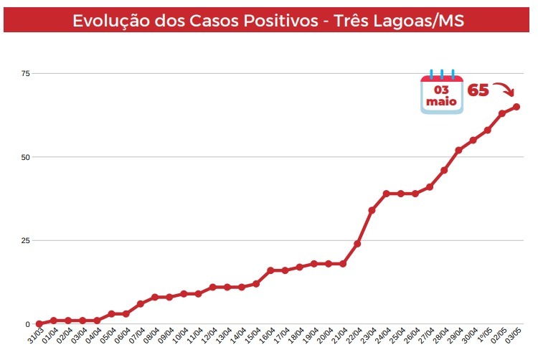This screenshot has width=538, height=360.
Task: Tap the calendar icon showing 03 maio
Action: (442, 93)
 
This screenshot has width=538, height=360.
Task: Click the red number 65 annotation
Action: (478, 91)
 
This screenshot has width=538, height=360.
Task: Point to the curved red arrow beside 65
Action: (504, 90)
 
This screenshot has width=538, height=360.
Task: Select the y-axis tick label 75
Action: (26, 73)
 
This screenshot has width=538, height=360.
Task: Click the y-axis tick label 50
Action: (26, 157)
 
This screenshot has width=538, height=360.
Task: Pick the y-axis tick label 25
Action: (26, 240)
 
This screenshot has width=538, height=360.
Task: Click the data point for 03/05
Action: (516, 107)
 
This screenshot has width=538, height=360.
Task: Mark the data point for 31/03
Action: (39, 324)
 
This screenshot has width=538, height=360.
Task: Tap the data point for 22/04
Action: (357, 244)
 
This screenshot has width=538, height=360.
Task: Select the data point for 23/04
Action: (372, 210)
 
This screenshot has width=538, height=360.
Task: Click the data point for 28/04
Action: (444, 170)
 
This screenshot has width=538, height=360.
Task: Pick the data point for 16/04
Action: (270, 270)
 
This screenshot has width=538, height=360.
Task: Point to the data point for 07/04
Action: (140, 304)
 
